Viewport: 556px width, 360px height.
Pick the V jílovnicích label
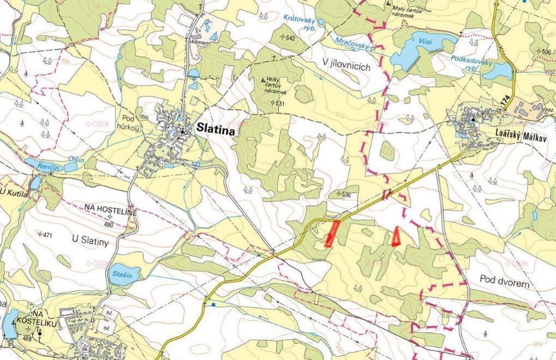tap(347, 66)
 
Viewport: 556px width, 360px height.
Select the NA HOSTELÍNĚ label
tap(110, 207)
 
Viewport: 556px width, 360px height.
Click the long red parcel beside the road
tap(331, 233)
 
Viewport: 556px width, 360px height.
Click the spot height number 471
tap(47, 235)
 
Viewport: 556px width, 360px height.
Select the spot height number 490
tap(108, 225)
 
